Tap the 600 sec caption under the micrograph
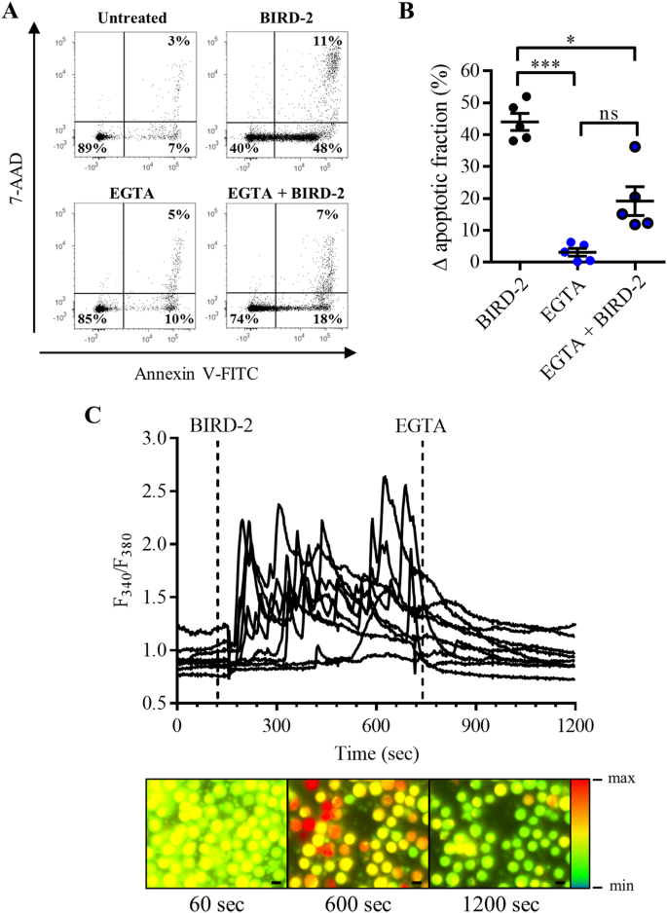[x=357, y=901]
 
